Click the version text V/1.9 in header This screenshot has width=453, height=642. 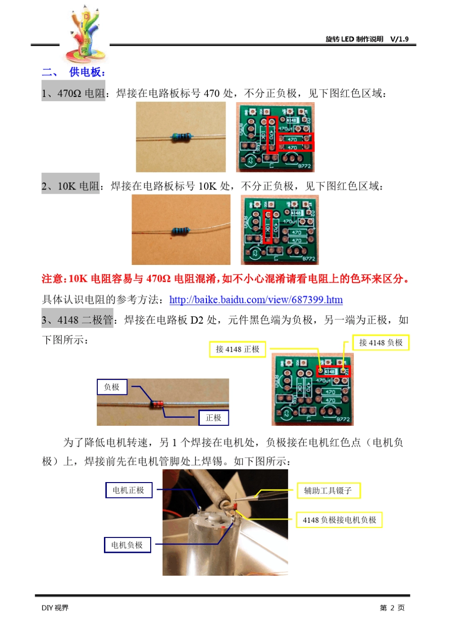click(399, 39)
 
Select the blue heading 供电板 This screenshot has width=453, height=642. click(87, 72)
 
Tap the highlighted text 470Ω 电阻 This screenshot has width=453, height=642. click(80, 93)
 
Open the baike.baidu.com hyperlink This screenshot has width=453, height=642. click(256, 300)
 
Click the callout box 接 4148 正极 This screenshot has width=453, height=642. click(237, 349)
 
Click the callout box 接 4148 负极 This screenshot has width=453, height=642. click(381, 343)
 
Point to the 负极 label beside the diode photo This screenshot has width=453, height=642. click(112, 387)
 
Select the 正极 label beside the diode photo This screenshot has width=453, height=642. click(213, 418)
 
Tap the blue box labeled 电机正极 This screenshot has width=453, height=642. click(128, 490)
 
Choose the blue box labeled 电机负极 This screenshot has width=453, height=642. click(127, 545)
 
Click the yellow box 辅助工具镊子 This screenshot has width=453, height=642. click(328, 491)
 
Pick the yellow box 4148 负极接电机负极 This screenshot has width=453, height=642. click(339, 520)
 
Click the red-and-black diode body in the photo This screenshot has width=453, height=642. click(157, 404)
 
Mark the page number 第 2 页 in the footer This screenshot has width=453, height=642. click(392, 608)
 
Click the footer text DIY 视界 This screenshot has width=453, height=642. click(55, 608)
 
